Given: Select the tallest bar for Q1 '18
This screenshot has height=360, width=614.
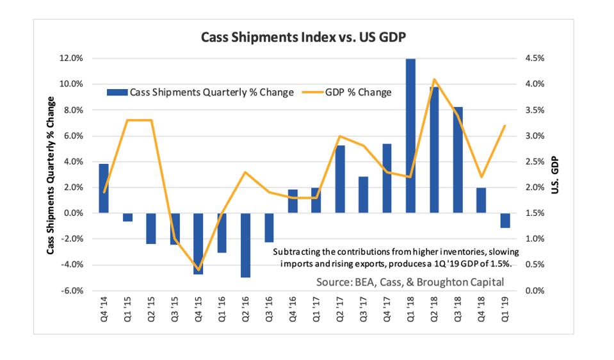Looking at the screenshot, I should pyautogui.click(x=410, y=136).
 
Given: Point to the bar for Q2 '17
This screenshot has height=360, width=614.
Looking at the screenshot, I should pyautogui.click(x=340, y=179).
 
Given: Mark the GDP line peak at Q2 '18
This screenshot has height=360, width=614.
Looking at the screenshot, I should pyautogui.click(x=434, y=79).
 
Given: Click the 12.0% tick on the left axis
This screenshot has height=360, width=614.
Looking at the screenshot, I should pyautogui.click(x=72, y=58).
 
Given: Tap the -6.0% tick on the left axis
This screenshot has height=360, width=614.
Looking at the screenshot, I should pyautogui.click(x=72, y=290).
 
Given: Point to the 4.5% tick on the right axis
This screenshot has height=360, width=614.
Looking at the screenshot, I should pyautogui.click(x=535, y=58).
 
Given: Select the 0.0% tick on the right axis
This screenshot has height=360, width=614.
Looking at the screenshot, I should pyautogui.click(x=535, y=290).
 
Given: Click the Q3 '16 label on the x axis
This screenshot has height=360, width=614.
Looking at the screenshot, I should pyautogui.click(x=269, y=308).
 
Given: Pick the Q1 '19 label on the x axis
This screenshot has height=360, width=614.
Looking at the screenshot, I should pyautogui.click(x=505, y=308).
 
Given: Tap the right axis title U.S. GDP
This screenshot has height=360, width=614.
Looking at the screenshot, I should pyautogui.click(x=556, y=176).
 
